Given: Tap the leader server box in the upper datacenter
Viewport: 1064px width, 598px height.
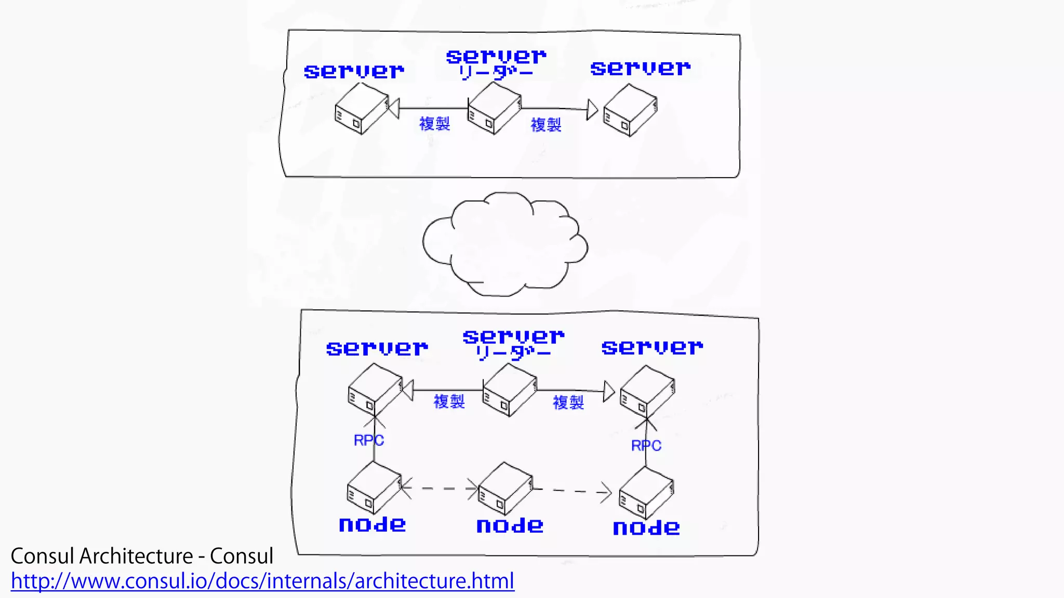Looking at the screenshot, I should click(494, 108).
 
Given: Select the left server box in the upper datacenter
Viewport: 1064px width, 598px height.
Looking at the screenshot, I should click(362, 109).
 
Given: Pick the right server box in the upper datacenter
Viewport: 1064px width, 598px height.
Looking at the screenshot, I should click(630, 111).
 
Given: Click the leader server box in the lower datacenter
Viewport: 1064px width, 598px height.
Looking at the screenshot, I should click(509, 390).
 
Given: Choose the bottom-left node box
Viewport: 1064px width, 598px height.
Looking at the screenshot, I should click(374, 488).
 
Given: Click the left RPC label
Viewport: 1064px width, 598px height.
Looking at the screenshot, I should click(368, 441).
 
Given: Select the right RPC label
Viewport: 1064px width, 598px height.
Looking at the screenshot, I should click(646, 446).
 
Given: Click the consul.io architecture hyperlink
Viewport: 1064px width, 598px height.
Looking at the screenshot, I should click(262, 581).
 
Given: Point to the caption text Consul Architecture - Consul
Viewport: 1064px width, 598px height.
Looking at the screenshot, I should click(142, 556).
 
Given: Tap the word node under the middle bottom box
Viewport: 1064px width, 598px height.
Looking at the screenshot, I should click(510, 526).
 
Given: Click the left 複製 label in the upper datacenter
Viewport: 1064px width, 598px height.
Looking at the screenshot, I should click(434, 124).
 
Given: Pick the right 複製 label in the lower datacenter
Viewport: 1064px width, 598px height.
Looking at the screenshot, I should click(568, 402).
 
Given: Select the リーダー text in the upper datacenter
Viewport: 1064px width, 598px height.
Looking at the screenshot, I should click(496, 73).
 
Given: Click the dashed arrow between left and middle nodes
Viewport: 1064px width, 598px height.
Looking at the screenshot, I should click(440, 488).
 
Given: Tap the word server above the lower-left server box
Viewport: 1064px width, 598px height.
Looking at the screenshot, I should click(377, 348).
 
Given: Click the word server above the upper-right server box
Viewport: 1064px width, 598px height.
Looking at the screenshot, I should click(640, 68).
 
